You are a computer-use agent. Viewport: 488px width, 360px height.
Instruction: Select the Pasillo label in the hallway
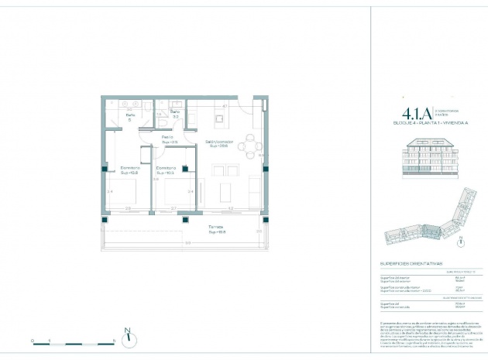[167, 138]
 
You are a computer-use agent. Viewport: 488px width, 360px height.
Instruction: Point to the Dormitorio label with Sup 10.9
[166, 170]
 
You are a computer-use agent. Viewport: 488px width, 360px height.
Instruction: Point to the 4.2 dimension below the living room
[231, 208]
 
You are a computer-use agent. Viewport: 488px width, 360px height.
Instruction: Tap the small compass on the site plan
[462, 241]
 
